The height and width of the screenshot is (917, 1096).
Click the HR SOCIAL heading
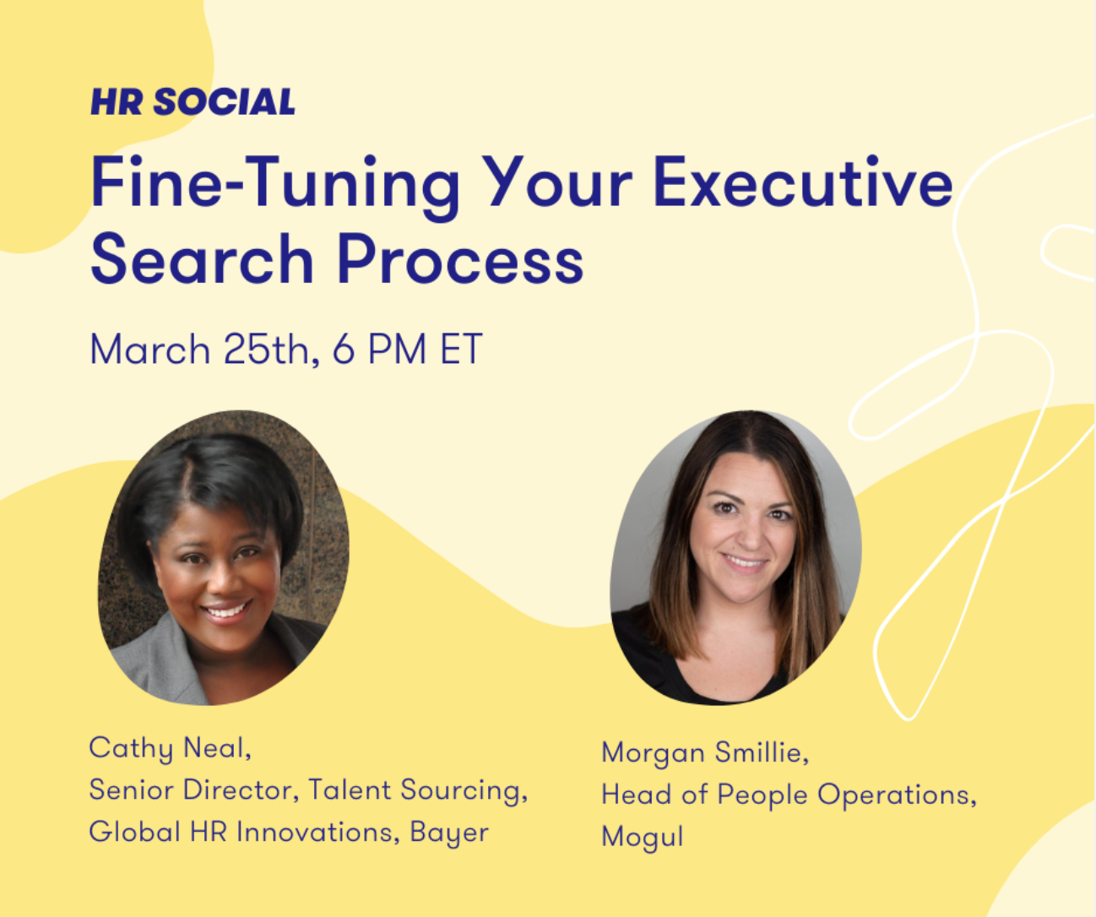(193, 102)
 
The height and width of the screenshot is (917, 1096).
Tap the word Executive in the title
(802, 183)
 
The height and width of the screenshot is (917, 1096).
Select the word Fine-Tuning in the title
(275, 188)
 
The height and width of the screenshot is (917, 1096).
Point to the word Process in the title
(460, 260)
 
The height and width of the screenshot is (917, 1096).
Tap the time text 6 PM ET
(407, 350)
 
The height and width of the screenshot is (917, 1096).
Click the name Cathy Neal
(170, 747)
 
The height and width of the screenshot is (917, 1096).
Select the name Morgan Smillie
(705, 752)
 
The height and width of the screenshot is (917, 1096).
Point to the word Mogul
(643, 836)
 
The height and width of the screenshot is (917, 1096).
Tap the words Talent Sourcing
(418, 790)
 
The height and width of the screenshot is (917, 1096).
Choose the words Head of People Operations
(789, 795)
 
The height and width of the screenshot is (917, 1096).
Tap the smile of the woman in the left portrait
(227, 610)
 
